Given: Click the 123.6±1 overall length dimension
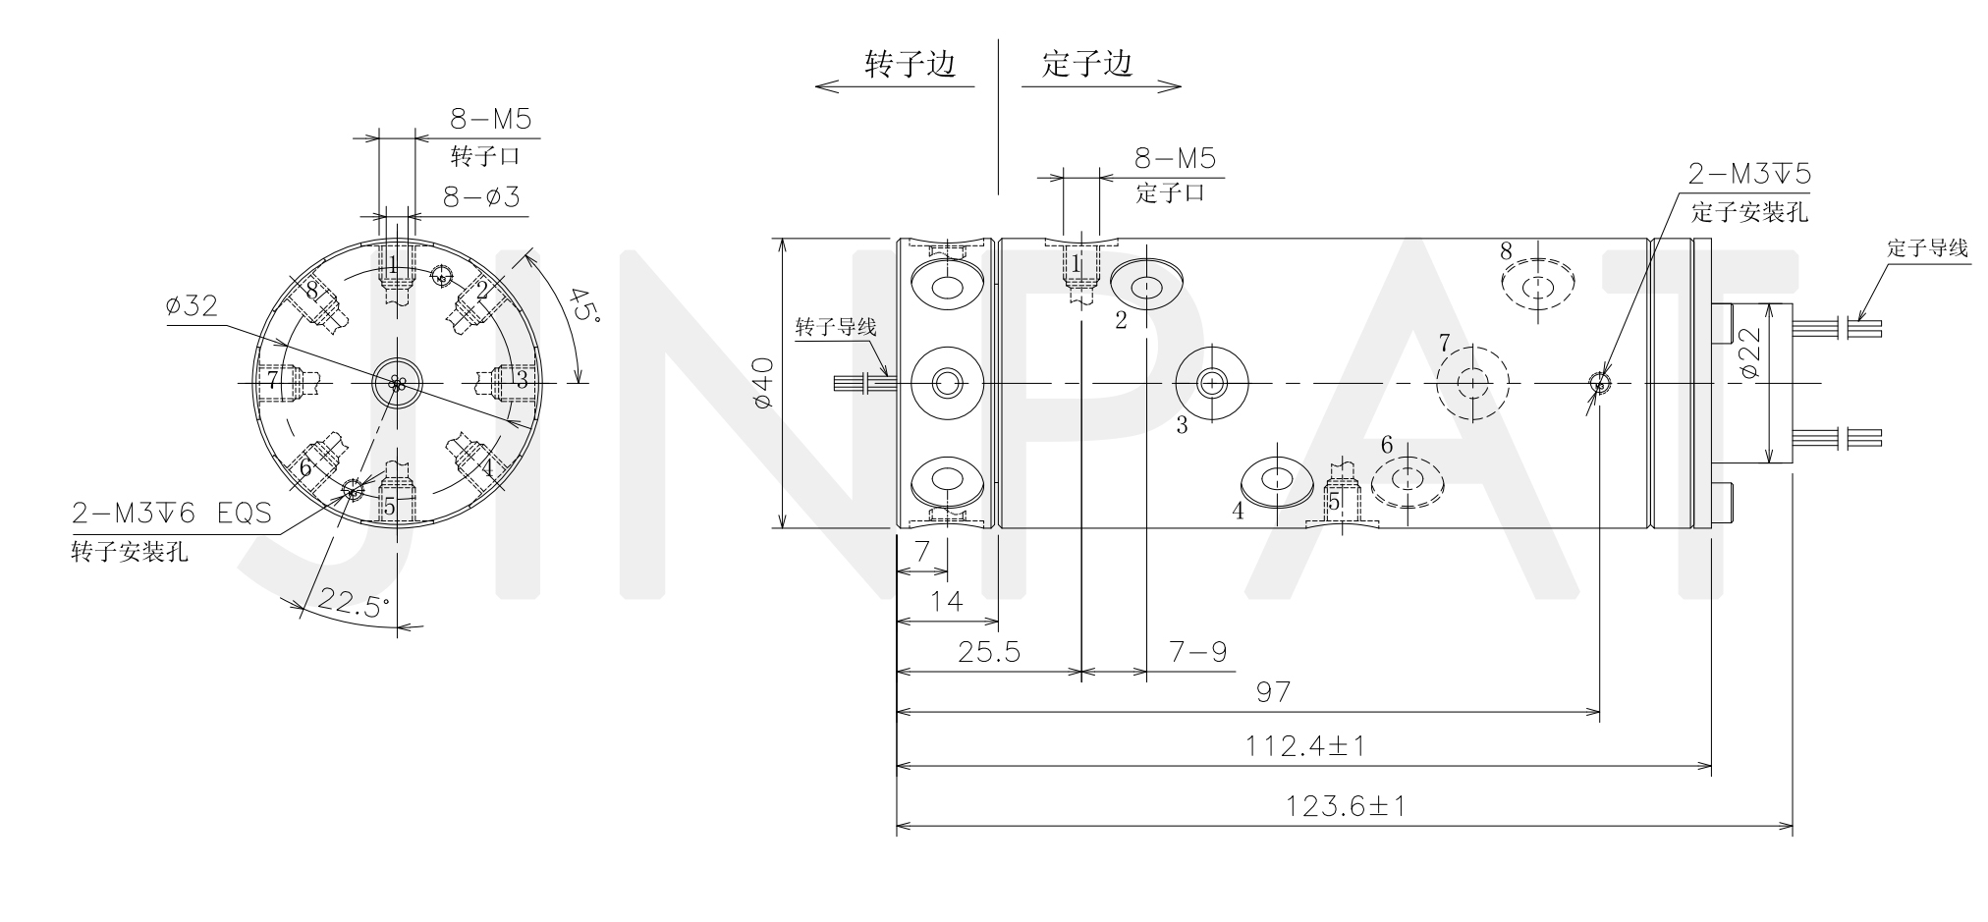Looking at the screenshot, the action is (1346, 807).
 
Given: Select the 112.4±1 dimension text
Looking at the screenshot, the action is (1305, 746).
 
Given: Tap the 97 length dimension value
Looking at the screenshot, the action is (1273, 692).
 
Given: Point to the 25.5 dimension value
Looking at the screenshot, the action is (988, 652).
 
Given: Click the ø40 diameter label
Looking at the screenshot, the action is (762, 382).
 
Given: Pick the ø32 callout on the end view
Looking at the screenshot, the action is (193, 306).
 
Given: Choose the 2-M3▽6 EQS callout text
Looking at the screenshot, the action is (172, 513).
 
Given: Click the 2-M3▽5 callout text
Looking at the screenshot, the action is (1749, 174).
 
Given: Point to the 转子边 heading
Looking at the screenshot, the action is (910, 64).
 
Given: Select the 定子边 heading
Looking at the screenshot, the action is (1087, 64).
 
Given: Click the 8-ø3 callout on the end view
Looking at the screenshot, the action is (480, 197).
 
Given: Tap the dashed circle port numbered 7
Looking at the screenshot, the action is (1471, 382).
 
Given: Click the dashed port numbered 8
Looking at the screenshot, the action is (1538, 285).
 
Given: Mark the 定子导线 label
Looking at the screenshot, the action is (1927, 247).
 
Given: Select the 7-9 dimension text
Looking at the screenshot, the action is (1197, 652).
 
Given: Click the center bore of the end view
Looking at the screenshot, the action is (397, 382).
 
